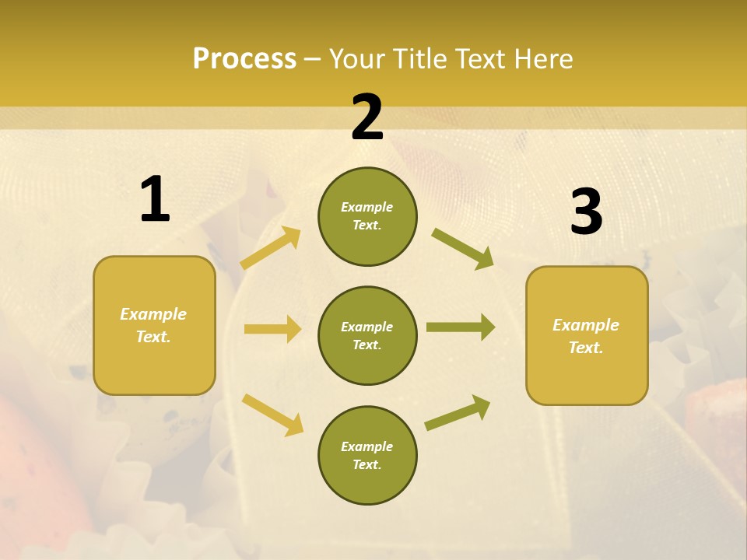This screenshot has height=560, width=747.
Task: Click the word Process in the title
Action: [x=244, y=58]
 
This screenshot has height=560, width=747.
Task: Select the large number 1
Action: [x=155, y=200]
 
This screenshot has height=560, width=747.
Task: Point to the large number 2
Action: [x=367, y=117]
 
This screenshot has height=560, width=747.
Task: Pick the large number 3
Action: [x=586, y=212]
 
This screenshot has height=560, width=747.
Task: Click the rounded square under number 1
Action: [x=154, y=325]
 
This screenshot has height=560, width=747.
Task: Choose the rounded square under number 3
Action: [x=587, y=336]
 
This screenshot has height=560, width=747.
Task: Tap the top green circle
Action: [x=367, y=216]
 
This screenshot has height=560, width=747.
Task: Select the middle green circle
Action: [x=367, y=335]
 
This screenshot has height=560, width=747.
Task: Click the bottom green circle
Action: [x=367, y=455]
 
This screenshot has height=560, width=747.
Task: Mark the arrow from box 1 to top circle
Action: [x=271, y=248]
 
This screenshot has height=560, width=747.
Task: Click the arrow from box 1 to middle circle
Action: [x=272, y=329]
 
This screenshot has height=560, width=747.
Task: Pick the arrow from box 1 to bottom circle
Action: [x=272, y=415]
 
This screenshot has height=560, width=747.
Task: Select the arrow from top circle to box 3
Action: [x=462, y=249]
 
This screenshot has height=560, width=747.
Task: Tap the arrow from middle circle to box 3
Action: [x=461, y=327]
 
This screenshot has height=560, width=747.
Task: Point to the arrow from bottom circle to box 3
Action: [x=458, y=413]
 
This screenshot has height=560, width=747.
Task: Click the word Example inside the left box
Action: [x=153, y=314]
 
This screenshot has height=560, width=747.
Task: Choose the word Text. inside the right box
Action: [x=586, y=348]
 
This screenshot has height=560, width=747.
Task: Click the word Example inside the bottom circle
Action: [x=367, y=446]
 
